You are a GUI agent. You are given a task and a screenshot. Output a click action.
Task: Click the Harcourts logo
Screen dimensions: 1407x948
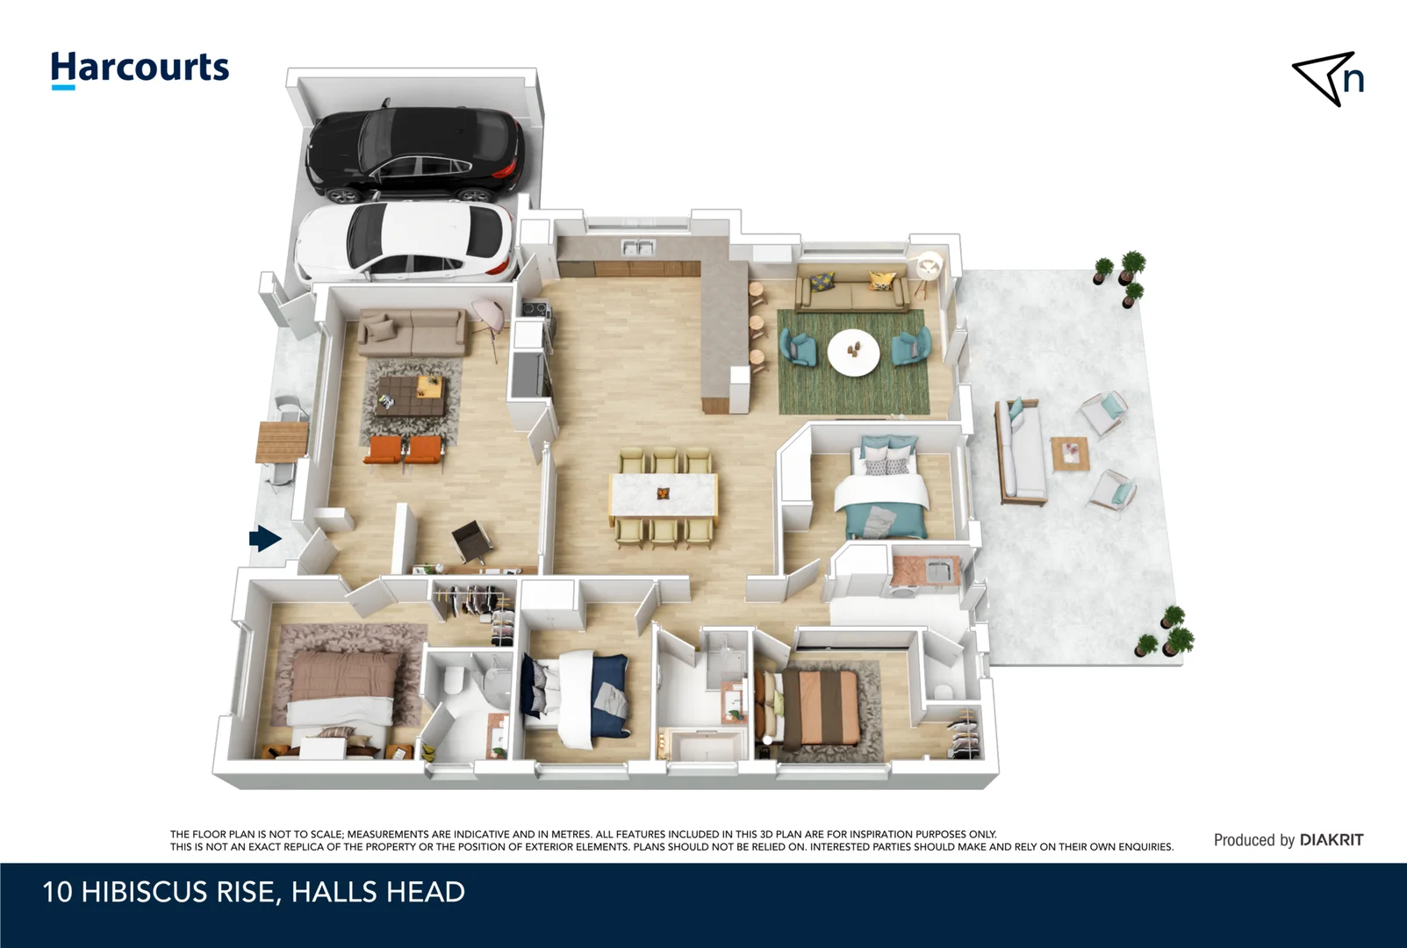(140, 69)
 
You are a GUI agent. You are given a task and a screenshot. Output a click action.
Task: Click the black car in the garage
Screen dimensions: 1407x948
(413, 154)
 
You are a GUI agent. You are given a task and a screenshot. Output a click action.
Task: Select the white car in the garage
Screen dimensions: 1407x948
(406, 242)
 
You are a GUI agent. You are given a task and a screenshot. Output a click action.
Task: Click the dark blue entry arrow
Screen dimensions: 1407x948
(265, 538)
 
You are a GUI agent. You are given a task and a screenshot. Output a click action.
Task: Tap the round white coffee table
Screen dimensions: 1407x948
(853, 353)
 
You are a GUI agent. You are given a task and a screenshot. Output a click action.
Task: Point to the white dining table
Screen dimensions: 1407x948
(664, 494)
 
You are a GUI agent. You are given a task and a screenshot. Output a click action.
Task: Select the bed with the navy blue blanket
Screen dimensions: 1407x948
(576, 698)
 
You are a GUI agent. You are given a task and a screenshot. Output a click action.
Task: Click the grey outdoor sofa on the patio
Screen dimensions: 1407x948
(1019, 452)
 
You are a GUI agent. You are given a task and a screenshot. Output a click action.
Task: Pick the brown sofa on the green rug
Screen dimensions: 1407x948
(851, 289)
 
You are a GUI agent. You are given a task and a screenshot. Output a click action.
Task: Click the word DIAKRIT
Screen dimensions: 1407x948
(1332, 840)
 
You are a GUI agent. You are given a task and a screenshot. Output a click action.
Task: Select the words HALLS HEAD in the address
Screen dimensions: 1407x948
(378, 892)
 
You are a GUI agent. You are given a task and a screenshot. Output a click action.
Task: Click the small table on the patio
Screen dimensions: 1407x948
(1070, 453)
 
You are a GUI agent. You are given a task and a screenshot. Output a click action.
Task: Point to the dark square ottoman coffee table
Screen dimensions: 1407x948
(409, 397)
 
